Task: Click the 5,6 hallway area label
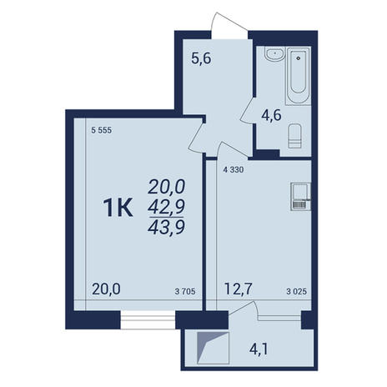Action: coord(202,58)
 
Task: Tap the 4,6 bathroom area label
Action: coord(271,115)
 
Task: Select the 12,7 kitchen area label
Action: coord(239,289)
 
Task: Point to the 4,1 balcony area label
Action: coord(259,349)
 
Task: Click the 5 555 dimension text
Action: coord(102,130)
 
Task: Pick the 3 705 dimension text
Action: coord(185,291)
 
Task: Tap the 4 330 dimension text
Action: coord(234,169)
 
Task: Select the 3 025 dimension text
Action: coord(297,291)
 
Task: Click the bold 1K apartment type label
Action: coord(118,208)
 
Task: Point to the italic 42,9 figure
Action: coord(167,207)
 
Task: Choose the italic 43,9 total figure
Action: coord(167,228)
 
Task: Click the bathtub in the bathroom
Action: coord(299,76)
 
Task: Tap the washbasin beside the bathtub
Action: coord(274,54)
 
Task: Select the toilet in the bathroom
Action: coord(294,136)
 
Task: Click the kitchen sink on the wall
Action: coord(300,197)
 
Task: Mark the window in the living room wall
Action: coord(148,320)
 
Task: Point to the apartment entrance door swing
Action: coord(229,23)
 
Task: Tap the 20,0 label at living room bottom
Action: coord(106,289)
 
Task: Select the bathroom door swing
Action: coord(247,110)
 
